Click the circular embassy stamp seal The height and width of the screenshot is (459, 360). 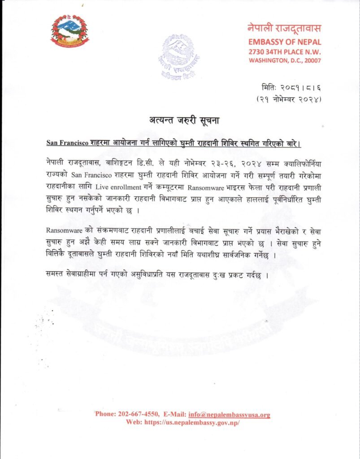[x=179, y=56]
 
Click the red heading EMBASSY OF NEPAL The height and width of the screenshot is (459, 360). [x=285, y=42]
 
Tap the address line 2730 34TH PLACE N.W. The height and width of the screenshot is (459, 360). [x=285, y=52]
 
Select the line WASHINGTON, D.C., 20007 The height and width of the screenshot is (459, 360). [x=285, y=61]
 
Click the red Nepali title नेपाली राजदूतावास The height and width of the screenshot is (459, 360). [x=284, y=29]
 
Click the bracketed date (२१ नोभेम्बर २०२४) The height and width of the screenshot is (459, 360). [x=288, y=99]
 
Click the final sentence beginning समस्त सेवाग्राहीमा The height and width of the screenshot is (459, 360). [x=157, y=274]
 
